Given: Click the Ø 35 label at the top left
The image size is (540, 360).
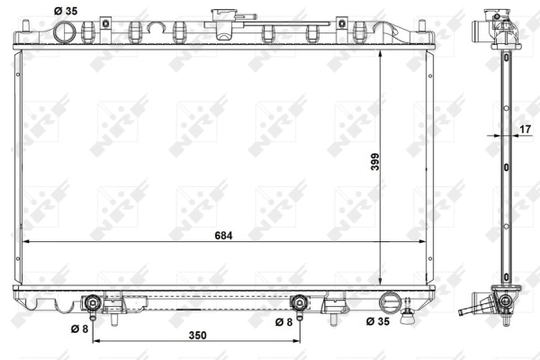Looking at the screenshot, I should pyautogui.click(x=65, y=10).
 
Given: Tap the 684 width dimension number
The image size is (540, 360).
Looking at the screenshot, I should pyautogui.click(x=224, y=236).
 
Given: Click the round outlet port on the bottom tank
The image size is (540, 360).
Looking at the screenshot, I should pyautogui.click(x=390, y=301).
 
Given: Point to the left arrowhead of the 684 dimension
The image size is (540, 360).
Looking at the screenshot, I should pyautogui.click(x=27, y=243).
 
